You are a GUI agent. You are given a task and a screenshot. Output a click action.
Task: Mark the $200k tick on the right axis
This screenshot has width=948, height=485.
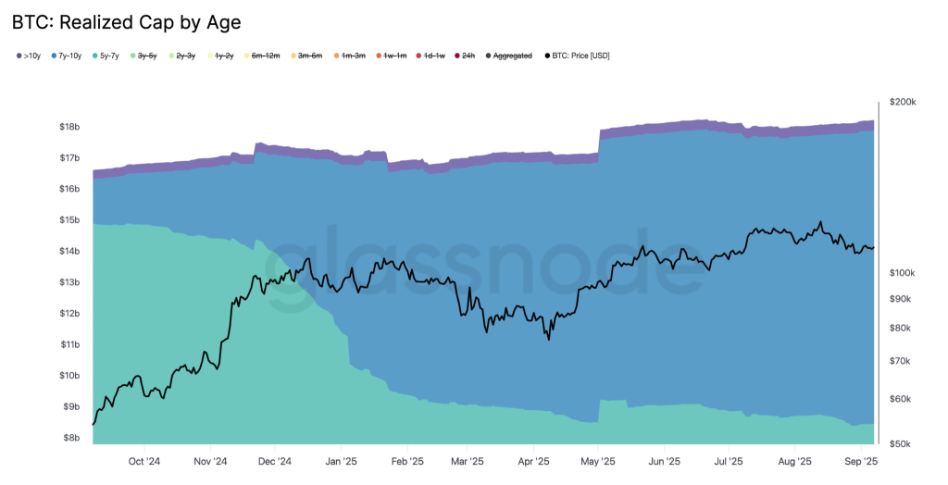coord(903,102)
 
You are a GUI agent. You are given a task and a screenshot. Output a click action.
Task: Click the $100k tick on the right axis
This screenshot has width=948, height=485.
coord(903,273)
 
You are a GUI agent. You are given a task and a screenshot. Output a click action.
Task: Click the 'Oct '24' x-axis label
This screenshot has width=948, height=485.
coord(145,461)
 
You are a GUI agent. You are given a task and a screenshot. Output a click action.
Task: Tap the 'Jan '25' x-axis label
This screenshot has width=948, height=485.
coord(342,461)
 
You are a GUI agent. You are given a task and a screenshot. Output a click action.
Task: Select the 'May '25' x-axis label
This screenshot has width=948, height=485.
coord(599,461)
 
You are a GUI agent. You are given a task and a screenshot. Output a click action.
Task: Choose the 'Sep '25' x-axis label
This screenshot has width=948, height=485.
coord(861,461)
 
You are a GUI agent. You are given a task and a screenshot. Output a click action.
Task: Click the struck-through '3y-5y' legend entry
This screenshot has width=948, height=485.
coord(147,56)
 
